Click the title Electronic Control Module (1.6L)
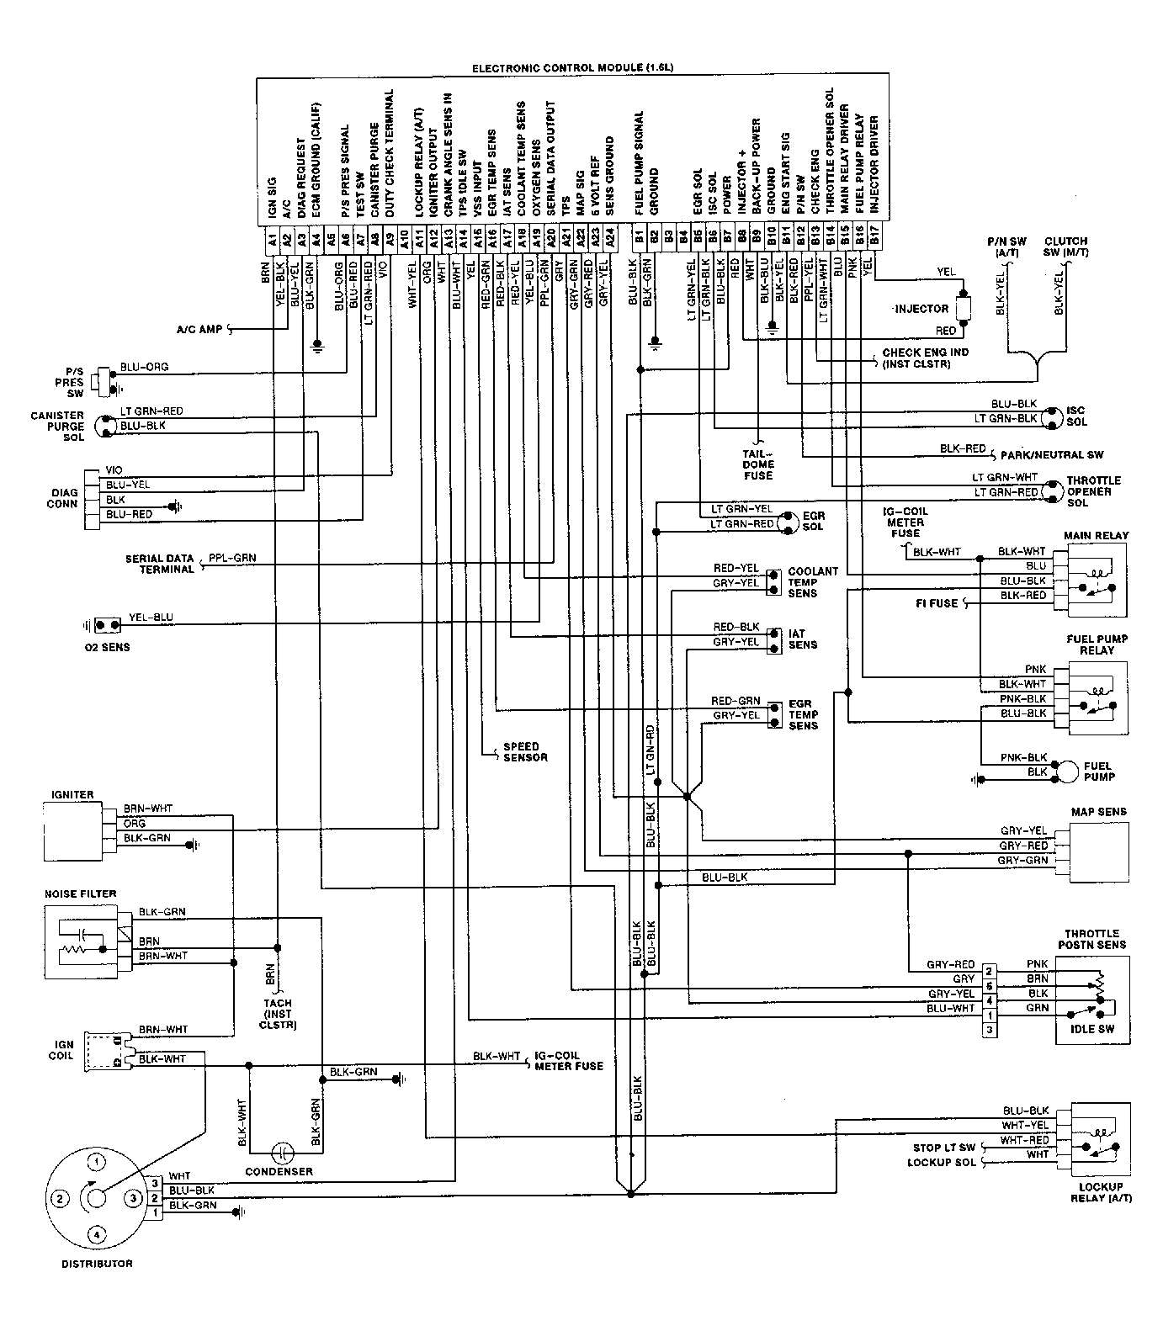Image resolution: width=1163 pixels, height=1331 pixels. [x=573, y=66]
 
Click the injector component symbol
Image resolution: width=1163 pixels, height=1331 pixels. [x=964, y=308]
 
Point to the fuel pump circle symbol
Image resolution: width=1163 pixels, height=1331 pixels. [x=1068, y=771]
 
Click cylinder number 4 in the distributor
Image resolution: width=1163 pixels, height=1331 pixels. [x=98, y=1234]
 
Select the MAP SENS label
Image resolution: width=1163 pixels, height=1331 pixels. [x=1098, y=812]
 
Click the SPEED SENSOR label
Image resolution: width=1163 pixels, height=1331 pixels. [x=525, y=751]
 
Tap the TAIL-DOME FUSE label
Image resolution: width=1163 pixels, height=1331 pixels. [x=758, y=464]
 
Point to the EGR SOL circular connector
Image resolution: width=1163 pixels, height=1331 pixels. [x=787, y=522]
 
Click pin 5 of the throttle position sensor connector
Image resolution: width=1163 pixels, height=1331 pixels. [x=990, y=985]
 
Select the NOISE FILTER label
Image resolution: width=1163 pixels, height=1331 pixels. [x=80, y=894]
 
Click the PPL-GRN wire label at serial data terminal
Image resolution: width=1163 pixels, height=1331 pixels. [x=233, y=557]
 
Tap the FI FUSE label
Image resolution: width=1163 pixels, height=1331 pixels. [x=937, y=603]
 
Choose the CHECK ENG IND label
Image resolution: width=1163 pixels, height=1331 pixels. [x=925, y=358]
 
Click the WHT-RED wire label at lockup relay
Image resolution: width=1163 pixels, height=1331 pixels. [x=1024, y=1140]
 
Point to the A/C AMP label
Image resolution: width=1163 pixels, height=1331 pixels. [x=199, y=329]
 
